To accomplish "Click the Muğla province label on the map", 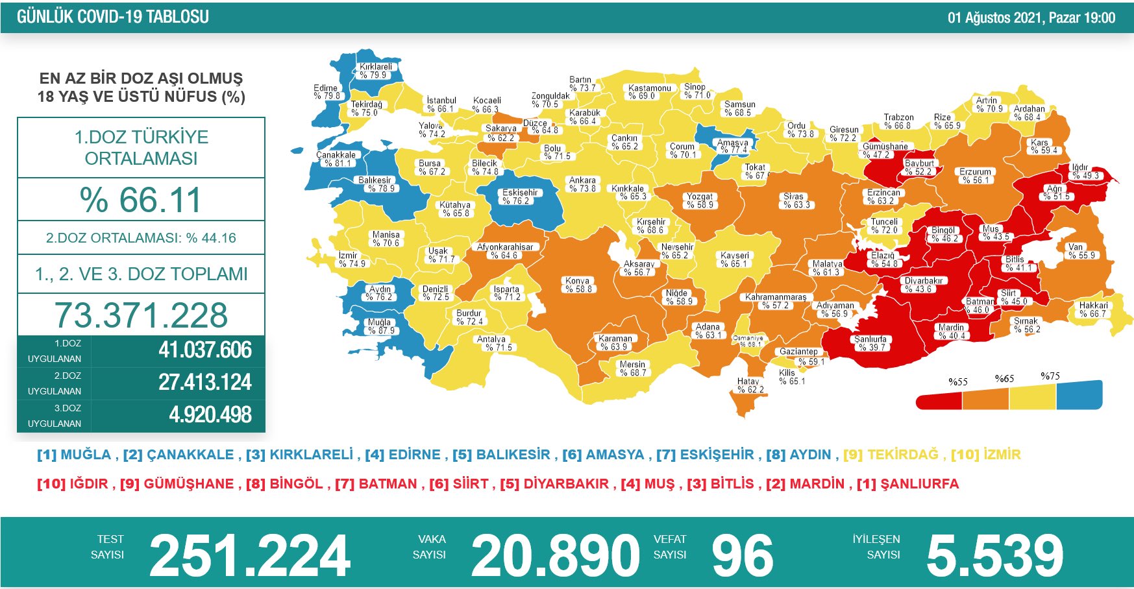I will (x=380, y=326).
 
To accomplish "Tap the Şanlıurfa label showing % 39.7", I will (x=870, y=343).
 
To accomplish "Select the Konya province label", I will (x=578, y=285).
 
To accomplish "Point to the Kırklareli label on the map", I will (x=376, y=71).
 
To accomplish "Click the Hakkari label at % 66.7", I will (x=1093, y=309).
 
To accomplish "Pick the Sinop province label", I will (x=695, y=91).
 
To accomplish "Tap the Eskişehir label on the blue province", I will (x=519, y=197).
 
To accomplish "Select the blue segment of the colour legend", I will (x=1079, y=395).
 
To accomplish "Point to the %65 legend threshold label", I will (x=1004, y=379).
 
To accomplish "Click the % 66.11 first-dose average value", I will (x=141, y=200).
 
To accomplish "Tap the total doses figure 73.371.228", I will (x=141, y=315).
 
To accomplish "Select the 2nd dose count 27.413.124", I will (x=204, y=383).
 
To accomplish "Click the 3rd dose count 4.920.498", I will (x=210, y=415).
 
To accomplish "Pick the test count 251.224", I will (x=250, y=556).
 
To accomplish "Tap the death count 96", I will (x=743, y=556).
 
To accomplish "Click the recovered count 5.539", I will (x=994, y=556).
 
